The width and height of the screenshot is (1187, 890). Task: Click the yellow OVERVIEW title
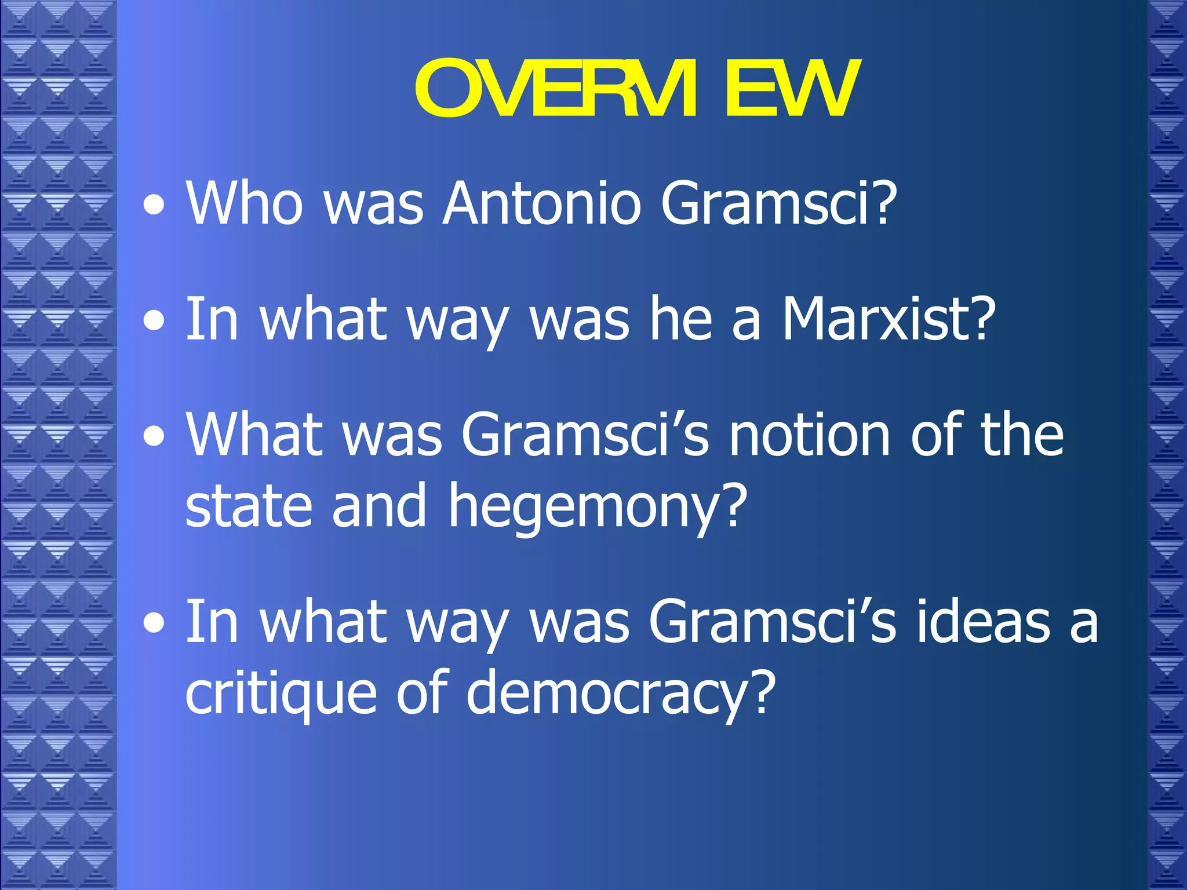click(635, 89)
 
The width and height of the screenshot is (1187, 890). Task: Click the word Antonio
click(541, 203)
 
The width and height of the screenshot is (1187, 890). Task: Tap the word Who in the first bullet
click(244, 203)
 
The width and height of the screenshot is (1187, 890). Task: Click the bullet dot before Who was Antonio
click(154, 205)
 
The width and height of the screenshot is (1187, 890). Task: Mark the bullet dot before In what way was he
click(154, 321)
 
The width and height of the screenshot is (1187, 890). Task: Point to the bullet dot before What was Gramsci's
click(154, 437)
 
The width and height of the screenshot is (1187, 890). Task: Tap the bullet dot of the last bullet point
click(154, 624)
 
